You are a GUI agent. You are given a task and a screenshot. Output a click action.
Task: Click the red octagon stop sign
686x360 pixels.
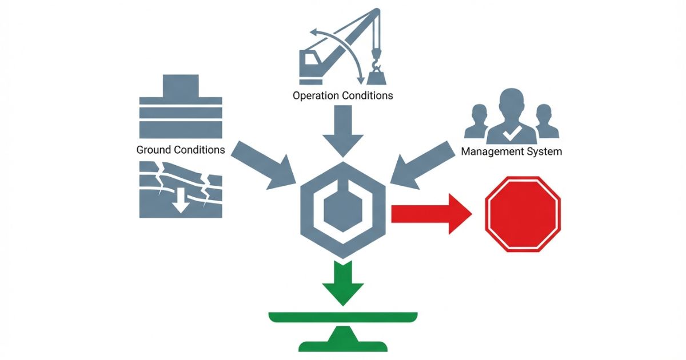click(x=523, y=214)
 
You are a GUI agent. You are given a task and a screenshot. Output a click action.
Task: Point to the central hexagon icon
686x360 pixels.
click(x=343, y=209)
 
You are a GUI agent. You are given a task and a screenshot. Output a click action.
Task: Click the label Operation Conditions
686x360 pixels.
click(x=343, y=95)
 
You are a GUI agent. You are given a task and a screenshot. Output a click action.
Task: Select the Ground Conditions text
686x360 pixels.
click(x=181, y=150)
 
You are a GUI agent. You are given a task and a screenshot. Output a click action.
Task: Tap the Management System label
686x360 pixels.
click(x=511, y=151)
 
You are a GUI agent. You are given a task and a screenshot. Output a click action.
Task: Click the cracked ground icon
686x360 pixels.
click(x=181, y=189)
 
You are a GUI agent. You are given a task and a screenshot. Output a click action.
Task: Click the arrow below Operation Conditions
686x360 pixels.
click(x=343, y=134)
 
